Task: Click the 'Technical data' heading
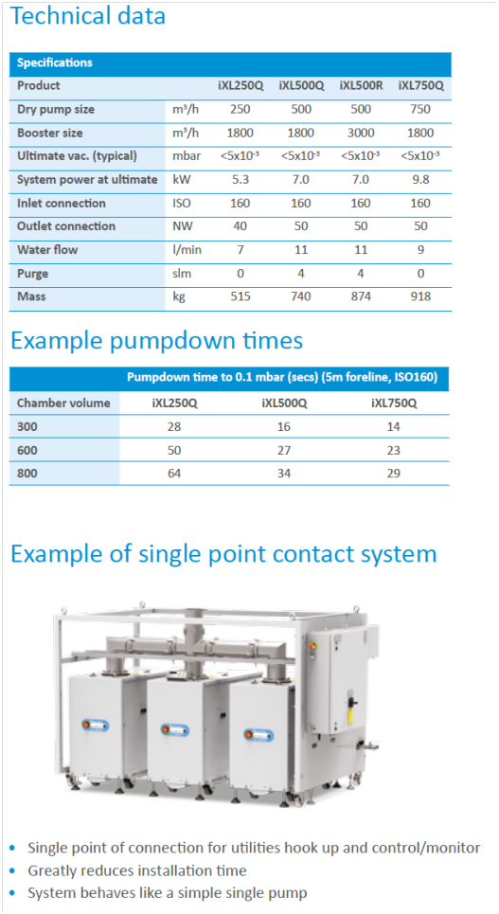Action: point(88,16)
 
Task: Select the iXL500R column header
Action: point(361,85)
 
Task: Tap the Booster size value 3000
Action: point(361,133)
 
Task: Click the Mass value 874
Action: point(361,296)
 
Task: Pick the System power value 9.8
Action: point(420,180)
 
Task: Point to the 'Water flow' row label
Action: point(47,249)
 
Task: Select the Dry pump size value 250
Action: point(241,109)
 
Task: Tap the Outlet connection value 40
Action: point(241,226)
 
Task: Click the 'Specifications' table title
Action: point(55,63)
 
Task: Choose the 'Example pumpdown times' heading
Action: point(157,340)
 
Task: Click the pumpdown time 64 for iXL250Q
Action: point(173,474)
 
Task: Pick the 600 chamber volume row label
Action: point(27,450)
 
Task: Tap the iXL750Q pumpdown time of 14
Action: point(394,426)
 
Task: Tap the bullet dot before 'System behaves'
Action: point(13,893)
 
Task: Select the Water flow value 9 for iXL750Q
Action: point(420,249)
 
